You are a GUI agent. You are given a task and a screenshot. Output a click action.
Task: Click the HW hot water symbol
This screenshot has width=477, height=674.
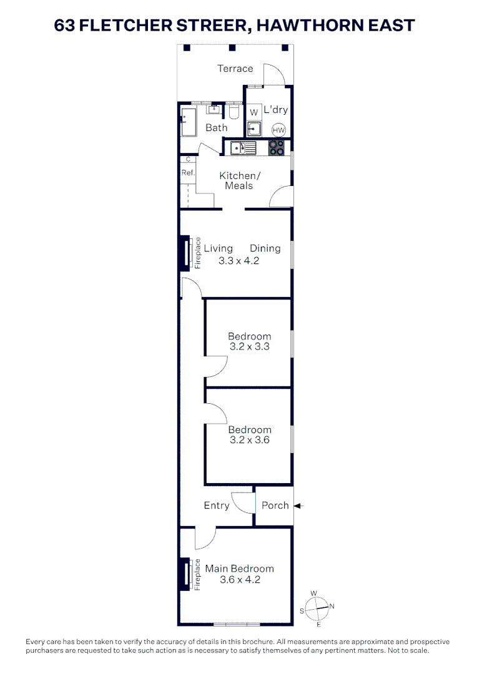pyautogui.click(x=279, y=130)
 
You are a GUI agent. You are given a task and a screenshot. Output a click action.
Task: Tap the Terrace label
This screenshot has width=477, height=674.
pyautogui.click(x=235, y=69)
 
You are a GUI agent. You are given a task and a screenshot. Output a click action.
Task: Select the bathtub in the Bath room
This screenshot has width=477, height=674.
pyautogui.click(x=189, y=122)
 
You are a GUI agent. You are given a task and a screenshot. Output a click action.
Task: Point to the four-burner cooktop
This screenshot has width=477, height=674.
pyautogui.click(x=277, y=149)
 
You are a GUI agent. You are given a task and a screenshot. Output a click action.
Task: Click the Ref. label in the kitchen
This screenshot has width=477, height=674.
pyautogui.click(x=188, y=173)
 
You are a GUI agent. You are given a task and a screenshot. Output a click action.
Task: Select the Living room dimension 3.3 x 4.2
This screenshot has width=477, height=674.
pyautogui.click(x=238, y=261)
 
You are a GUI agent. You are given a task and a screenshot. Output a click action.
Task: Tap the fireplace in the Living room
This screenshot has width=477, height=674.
pyautogui.click(x=186, y=253)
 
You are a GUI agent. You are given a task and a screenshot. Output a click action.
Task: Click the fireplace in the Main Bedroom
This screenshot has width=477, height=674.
pyautogui.click(x=186, y=574)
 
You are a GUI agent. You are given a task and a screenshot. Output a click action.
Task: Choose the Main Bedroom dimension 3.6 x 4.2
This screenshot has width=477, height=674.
pyautogui.click(x=240, y=580)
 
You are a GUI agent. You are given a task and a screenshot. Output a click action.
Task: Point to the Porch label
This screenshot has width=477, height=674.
pyautogui.click(x=275, y=506)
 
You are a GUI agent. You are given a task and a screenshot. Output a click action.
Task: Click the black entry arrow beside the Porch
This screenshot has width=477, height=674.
pyautogui.click(x=298, y=506)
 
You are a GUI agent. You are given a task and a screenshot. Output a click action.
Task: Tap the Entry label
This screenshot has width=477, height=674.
pyautogui.click(x=217, y=506)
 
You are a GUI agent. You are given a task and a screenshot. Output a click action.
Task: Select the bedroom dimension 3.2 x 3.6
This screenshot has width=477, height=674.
pyautogui.click(x=250, y=440)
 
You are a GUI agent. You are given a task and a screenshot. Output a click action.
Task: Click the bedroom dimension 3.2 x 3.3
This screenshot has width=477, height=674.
pyautogui.click(x=250, y=346)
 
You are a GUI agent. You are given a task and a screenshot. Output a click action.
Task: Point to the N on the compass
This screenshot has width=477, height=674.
pyautogui.click(x=332, y=606)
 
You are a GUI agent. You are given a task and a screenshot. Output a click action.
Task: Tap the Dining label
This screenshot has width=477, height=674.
pyautogui.click(x=265, y=248)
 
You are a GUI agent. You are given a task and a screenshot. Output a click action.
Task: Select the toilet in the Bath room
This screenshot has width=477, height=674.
pyautogui.click(x=234, y=113)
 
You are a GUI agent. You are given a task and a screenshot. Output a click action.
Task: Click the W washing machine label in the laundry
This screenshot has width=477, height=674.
pyautogui.click(x=253, y=112)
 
